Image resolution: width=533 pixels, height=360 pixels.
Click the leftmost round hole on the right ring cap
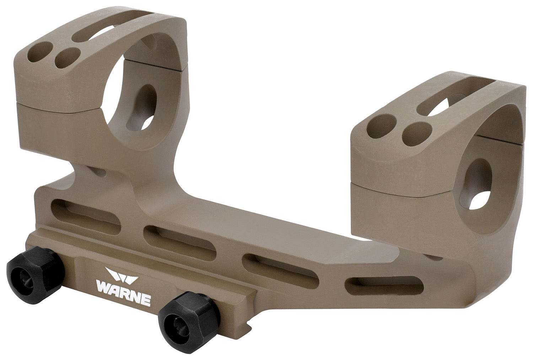[x=378, y=126]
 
